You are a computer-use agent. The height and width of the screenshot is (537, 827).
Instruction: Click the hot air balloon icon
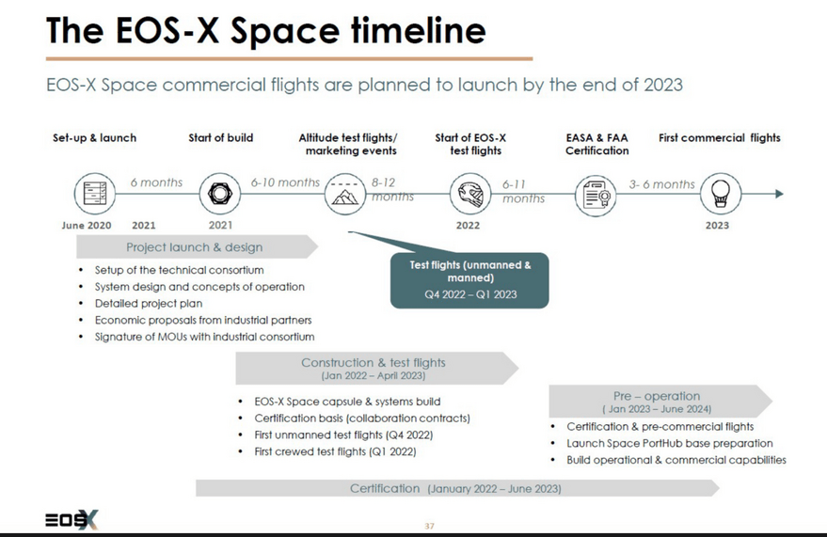tap(721, 194)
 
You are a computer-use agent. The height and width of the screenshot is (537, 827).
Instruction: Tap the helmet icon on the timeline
tap(470, 194)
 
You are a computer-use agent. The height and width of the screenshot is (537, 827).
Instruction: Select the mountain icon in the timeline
tap(345, 195)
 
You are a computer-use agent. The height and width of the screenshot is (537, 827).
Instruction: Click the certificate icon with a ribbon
tap(596, 195)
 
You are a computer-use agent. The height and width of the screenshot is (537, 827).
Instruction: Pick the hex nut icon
tap(220, 194)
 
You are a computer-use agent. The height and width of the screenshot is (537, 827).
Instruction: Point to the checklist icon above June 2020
tap(95, 194)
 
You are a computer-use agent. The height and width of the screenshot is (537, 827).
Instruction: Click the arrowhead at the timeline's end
tap(779, 194)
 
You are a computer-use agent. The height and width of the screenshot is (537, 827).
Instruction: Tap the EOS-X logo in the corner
tap(72, 520)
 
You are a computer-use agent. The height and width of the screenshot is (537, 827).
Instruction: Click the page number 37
tap(429, 526)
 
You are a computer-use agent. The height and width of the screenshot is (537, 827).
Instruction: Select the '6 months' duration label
tap(156, 182)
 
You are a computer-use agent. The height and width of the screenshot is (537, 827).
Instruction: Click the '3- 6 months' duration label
tap(662, 184)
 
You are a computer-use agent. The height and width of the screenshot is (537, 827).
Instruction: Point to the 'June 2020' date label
tap(87, 226)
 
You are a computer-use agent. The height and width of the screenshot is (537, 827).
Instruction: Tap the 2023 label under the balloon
tap(717, 226)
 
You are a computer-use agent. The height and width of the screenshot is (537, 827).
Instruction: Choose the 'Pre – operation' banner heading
tap(657, 396)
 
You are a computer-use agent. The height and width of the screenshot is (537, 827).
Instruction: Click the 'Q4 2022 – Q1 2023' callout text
tap(470, 294)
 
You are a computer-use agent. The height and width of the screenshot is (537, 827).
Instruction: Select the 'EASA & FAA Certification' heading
tap(597, 144)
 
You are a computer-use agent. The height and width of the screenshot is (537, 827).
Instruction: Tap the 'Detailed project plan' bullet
tap(149, 304)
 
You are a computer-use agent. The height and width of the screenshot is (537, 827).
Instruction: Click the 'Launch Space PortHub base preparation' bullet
tap(669, 443)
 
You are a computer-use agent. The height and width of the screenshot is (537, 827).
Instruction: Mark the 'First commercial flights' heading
tap(720, 138)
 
